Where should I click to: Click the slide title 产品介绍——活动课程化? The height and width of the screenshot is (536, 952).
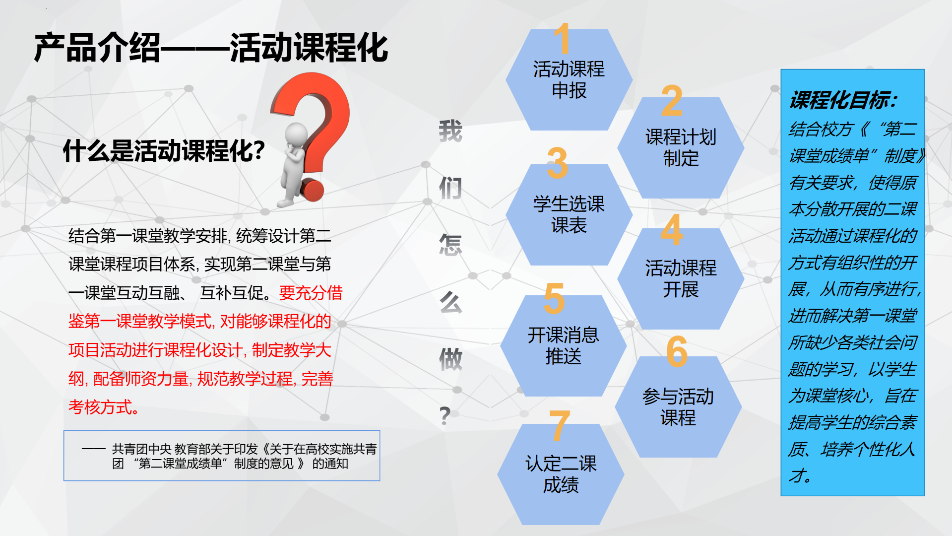coord(211,48)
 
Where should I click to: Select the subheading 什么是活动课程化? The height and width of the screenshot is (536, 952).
coord(164,151)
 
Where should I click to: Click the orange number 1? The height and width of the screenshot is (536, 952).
coord(562,38)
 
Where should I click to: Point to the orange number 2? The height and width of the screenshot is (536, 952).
coord(672,101)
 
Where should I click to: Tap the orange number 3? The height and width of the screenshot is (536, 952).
coord(557,163)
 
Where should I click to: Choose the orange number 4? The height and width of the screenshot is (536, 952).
coord(672,230)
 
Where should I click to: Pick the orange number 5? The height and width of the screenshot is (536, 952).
coord(554,298)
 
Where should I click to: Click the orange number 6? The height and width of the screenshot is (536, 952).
coord(677,351)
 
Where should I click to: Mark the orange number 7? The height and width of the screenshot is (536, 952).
coord(559,425)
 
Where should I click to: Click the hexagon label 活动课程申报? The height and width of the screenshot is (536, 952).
coord(569,80)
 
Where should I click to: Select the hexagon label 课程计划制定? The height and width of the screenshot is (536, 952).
coord(681,147)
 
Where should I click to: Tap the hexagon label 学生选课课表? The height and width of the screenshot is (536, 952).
coord(569,214)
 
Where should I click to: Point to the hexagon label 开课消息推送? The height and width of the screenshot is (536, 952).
coord(564,345)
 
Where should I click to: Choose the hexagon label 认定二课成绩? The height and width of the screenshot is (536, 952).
coord(561,474)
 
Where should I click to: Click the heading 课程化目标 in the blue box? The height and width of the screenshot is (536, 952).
coord(843,100)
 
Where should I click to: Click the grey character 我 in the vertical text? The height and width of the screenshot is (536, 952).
coord(450,131)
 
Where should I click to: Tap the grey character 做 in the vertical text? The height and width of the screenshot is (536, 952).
coord(450,359)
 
